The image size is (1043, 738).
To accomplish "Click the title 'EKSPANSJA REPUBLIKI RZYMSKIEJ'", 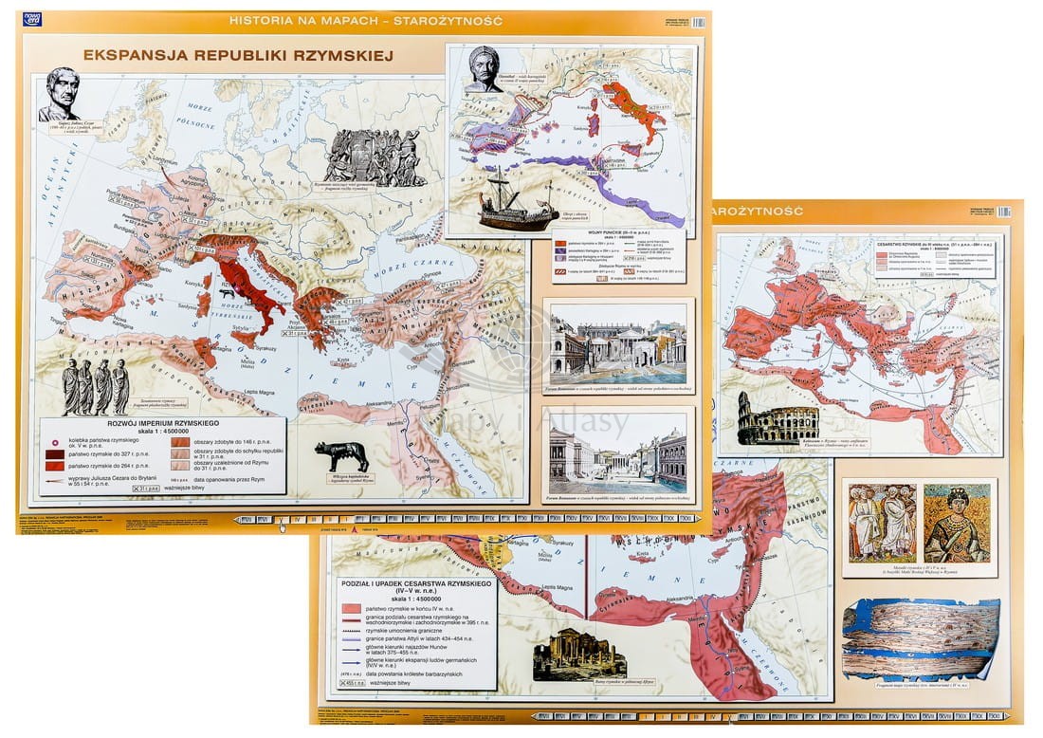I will [238, 55].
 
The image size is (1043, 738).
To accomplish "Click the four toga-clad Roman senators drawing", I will [95, 386].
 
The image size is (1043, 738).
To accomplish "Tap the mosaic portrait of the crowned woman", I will [956, 523].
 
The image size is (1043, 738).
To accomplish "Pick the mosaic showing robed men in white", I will [882, 523].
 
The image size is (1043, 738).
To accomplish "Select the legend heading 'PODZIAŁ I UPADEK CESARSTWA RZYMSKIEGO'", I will [414, 588].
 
